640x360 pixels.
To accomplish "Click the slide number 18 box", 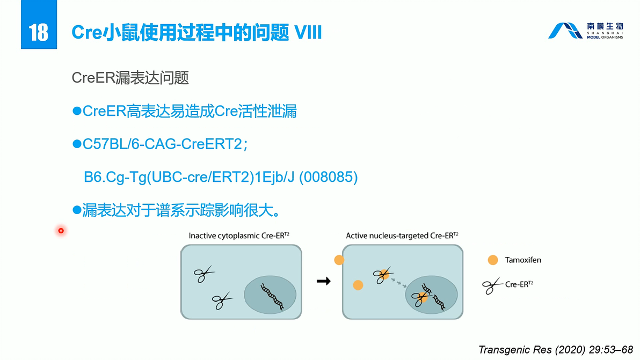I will pyautogui.click(x=39, y=32).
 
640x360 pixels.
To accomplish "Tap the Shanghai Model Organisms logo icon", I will pyautogui.click(x=564, y=31).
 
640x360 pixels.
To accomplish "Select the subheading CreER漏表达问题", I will pyautogui.click(x=130, y=78).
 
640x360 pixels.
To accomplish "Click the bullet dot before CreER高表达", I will pyautogui.click(x=76, y=111).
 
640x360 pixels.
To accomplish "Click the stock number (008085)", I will pyautogui.click(x=328, y=178).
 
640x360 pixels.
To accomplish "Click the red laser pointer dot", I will pyautogui.click(x=61, y=231).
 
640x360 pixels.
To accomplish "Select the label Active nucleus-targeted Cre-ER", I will pyautogui.click(x=402, y=236).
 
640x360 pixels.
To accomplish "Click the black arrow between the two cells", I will pyautogui.click(x=323, y=281).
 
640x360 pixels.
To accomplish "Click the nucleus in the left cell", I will pyautogui.click(x=270, y=295).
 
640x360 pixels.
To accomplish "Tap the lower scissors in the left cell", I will pyautogui.click(x=221, y=300).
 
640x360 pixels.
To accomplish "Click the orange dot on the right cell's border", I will pyautogui.click(x=339, y=260).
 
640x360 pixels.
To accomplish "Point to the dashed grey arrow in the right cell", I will pyautogui.click(x=399, y=282).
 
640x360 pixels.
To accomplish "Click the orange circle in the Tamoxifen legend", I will pyautogui.click(x=492, y=260).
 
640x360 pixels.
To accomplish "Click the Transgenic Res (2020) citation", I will pyautogui.click(x=556, y=350).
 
